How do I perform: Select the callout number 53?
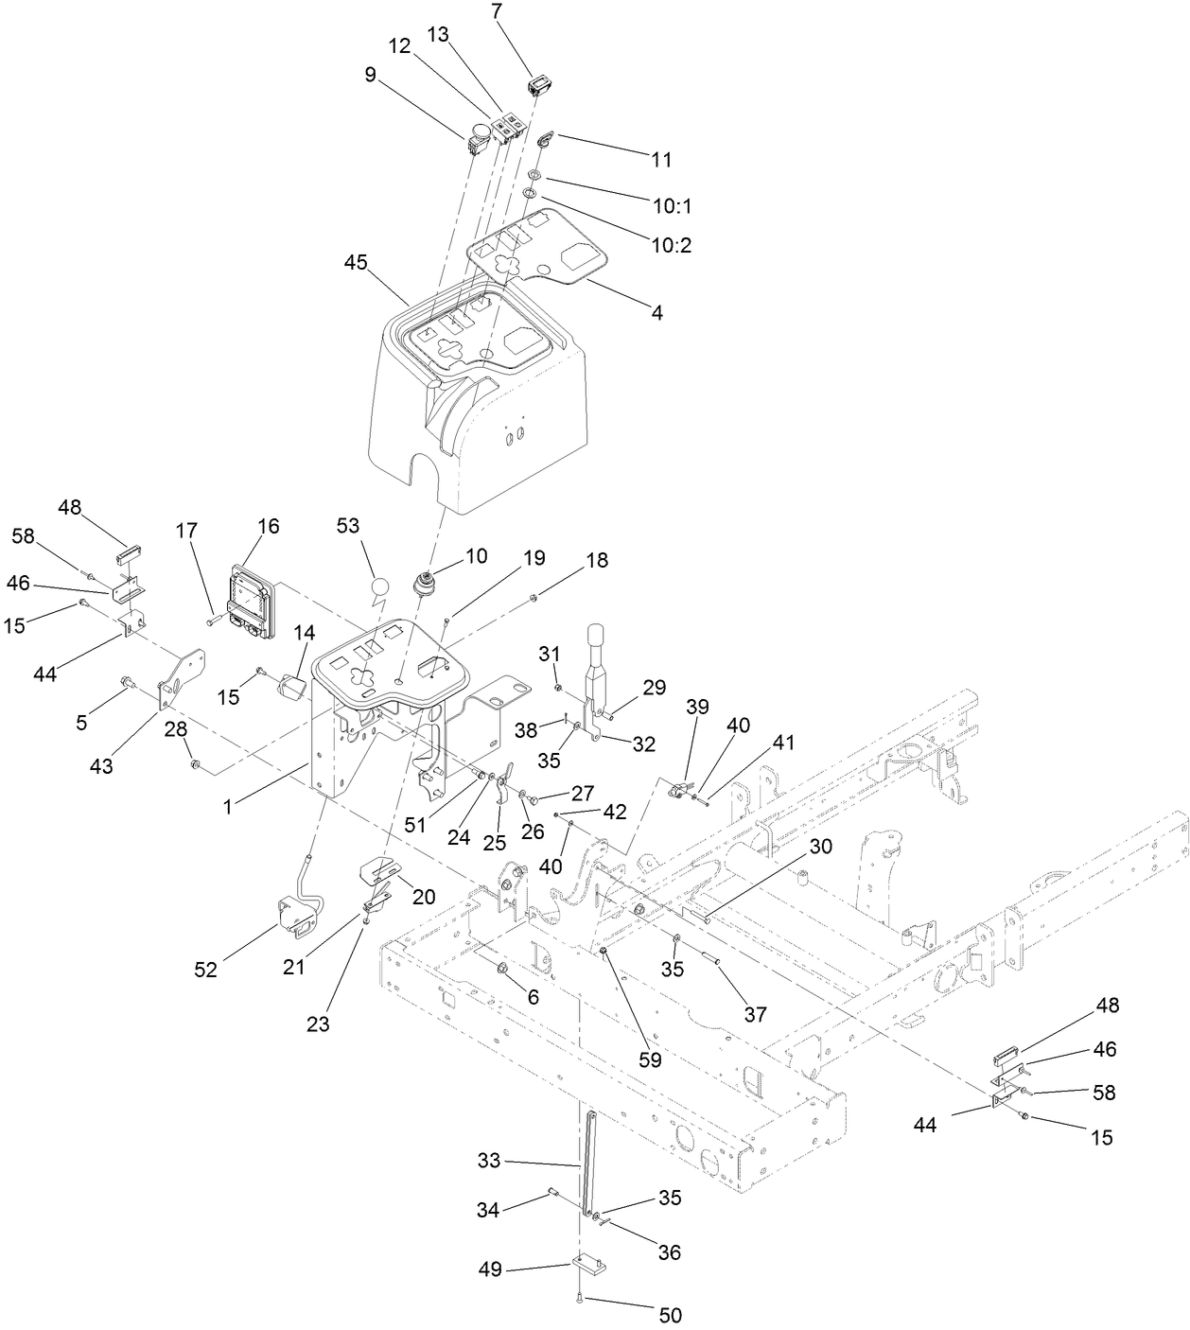(348, 525)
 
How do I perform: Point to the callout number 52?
(205, 970)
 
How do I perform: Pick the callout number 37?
(754, 1014)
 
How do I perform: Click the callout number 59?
(650, 1060)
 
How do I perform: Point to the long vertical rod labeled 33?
(587, 1164)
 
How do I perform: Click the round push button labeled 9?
(481, 133)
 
